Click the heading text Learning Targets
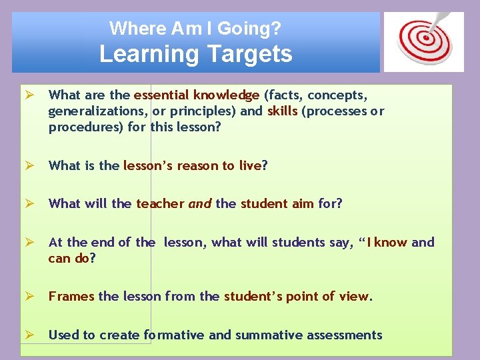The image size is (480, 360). pos(195,53)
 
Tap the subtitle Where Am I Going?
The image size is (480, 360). pos(195,28)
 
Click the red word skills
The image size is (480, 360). pos(283,111)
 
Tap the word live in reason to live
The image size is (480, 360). pos(251,165)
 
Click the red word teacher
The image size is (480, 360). pos(160,204)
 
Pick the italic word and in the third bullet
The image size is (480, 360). pos(200,204)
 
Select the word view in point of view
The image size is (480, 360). pos(353,296)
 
